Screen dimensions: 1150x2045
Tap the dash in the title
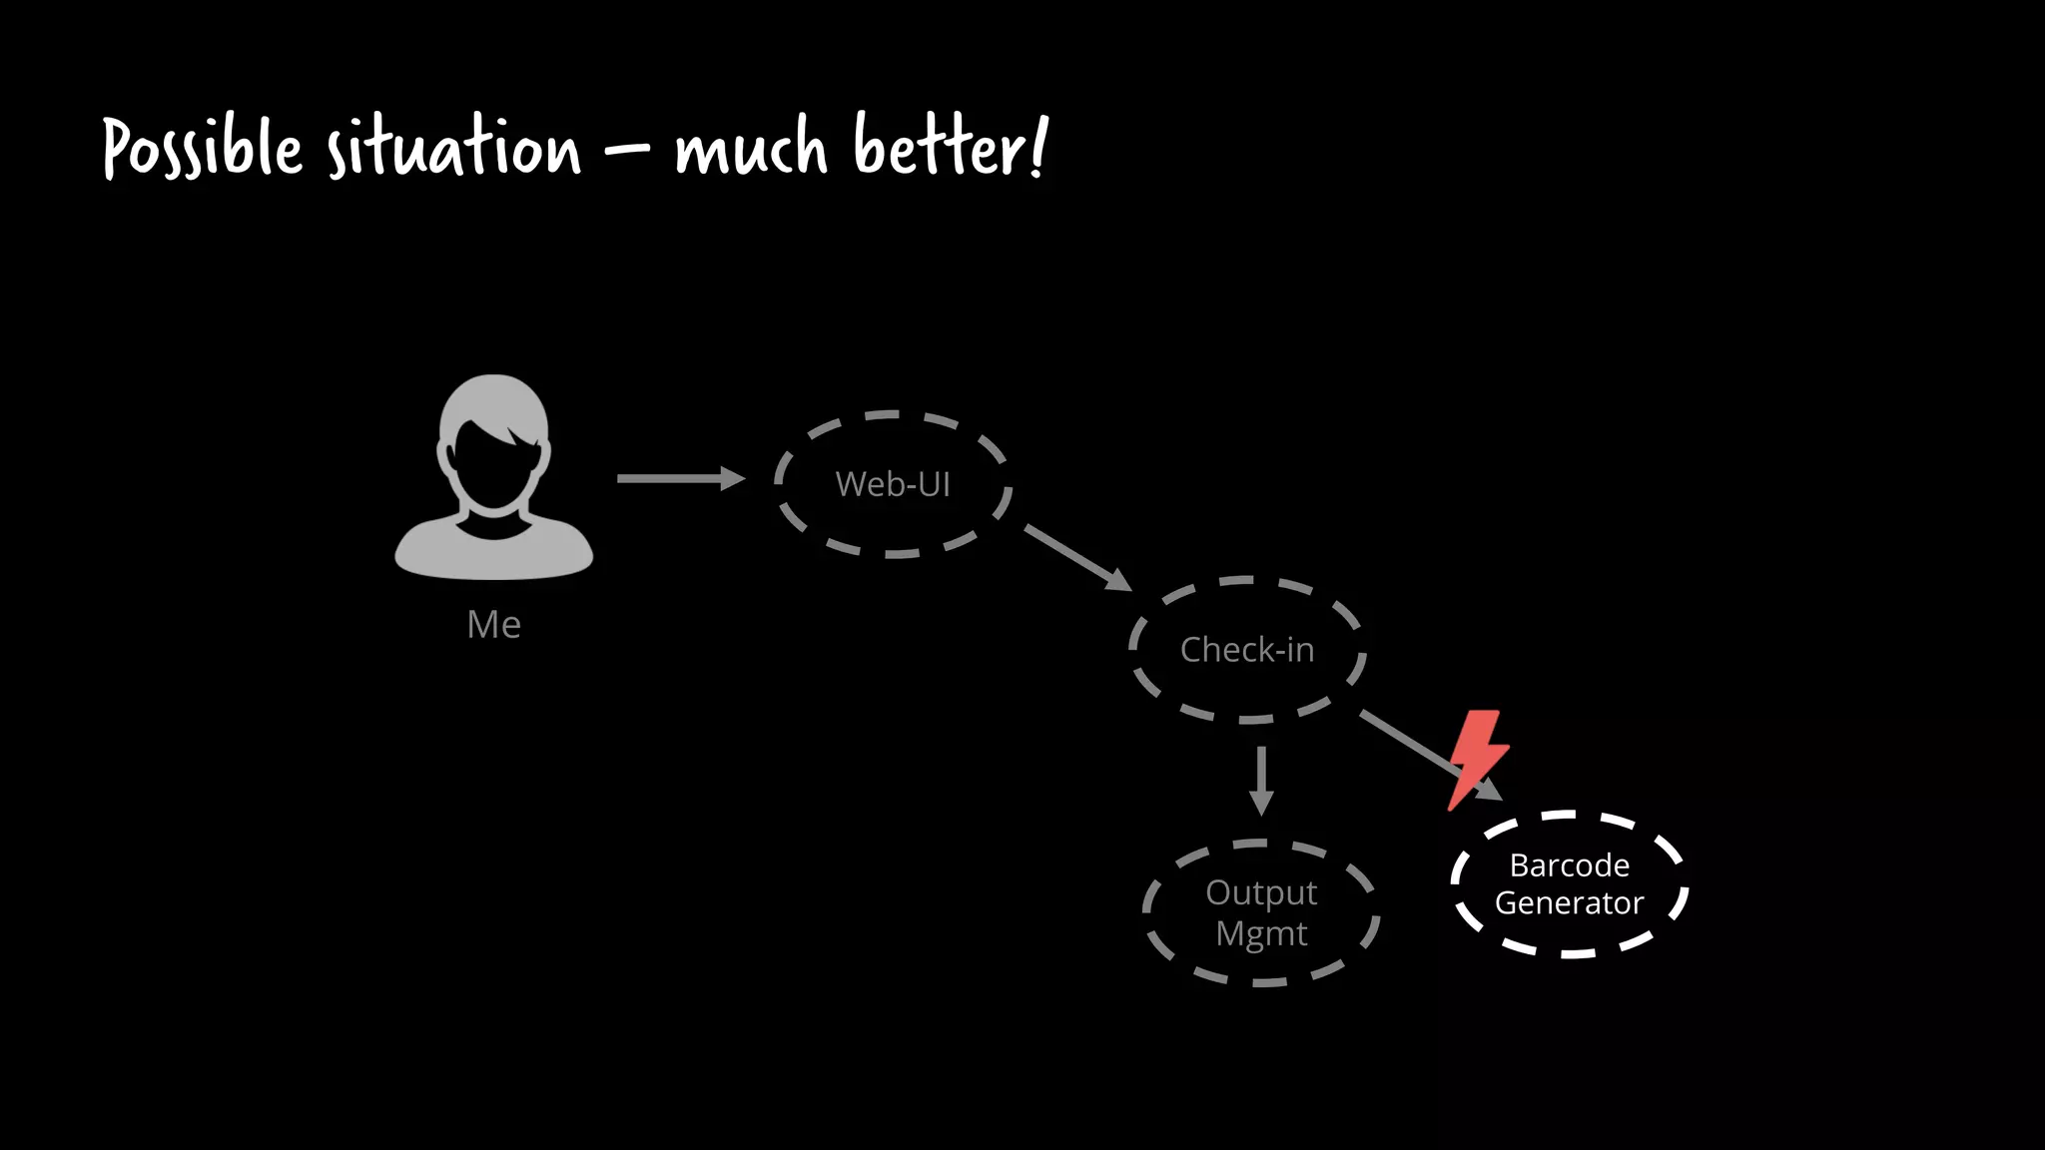(x=626, y=152)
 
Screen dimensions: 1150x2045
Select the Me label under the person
(x=493, y=625)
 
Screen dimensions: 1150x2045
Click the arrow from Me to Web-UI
(x=680, y=479)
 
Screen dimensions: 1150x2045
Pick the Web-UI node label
(x=893, y=484)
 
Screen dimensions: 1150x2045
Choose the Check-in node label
(x=1247, y=650)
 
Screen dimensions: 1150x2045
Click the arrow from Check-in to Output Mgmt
(x=1261, y=780)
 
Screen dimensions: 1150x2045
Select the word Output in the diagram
(x=1261, y=892)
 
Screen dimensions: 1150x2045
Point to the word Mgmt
(x=1261, y=934)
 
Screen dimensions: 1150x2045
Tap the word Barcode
(x=1569, y=864)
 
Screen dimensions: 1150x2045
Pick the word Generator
(x=1569, y=903)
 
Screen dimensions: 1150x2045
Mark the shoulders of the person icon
(x=493, y=549)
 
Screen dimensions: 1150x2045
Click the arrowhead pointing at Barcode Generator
(x=1490, y=790)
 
